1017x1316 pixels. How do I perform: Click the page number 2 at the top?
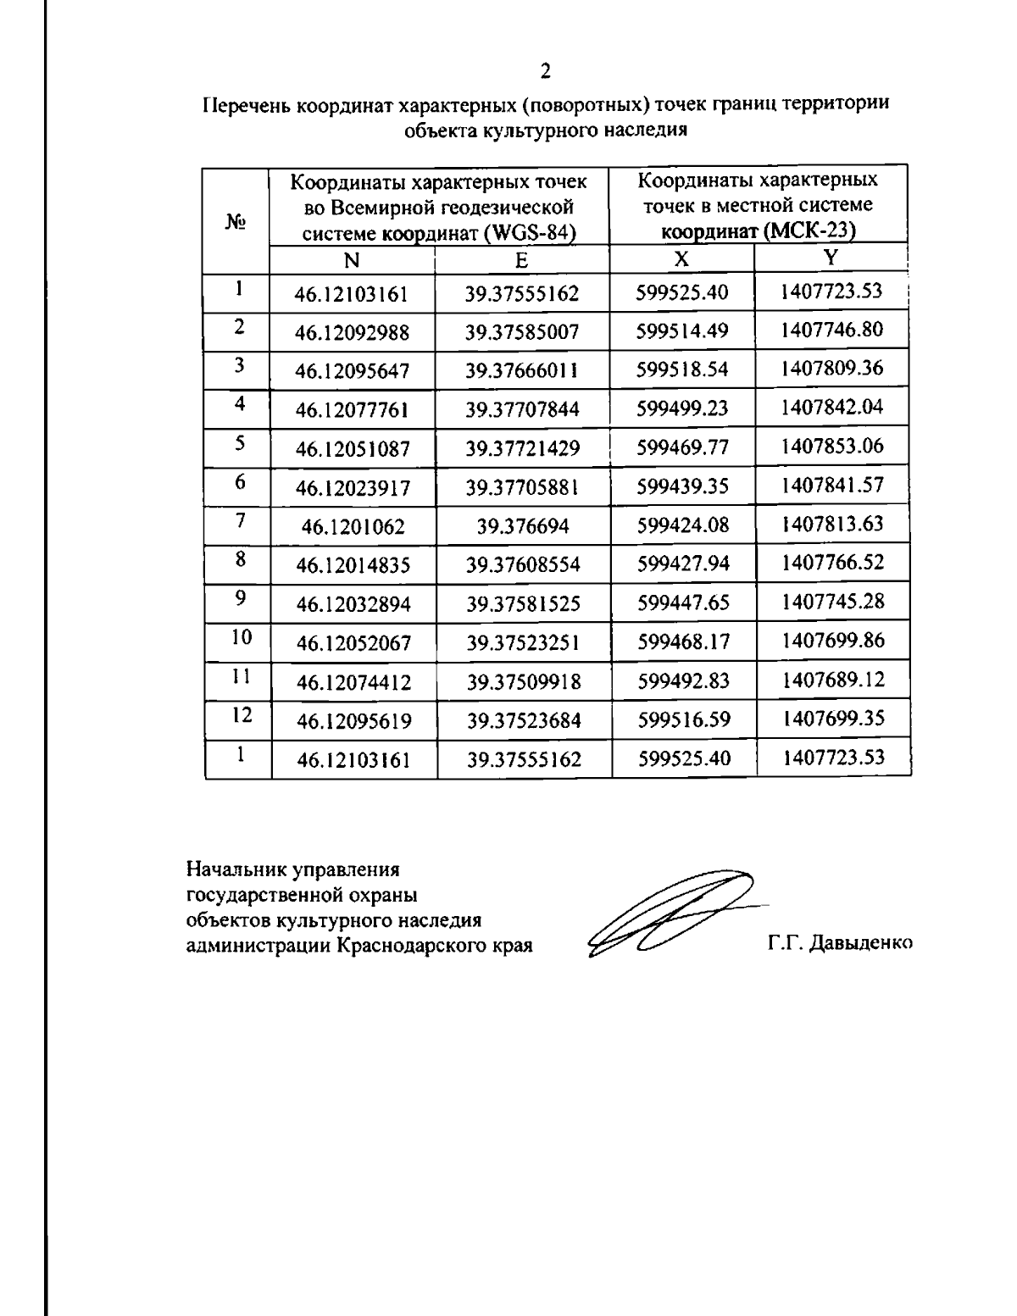point(546,70)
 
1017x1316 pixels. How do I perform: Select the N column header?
point(352,259)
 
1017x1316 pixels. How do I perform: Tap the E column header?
point(521,259)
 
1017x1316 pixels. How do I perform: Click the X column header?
point(681,258)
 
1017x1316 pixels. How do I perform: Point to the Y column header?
point(831,257)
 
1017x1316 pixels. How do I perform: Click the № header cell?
point(236,221)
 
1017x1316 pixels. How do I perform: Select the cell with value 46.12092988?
point(352,333)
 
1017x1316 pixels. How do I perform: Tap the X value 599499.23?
point(682,408)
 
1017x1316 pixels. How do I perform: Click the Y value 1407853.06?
point(832,446)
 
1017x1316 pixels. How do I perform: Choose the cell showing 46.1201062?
point(353,527)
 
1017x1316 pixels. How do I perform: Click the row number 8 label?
point(241,558)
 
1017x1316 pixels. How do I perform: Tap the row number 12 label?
point(242,714)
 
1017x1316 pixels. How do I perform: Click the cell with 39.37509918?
point(523,681)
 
